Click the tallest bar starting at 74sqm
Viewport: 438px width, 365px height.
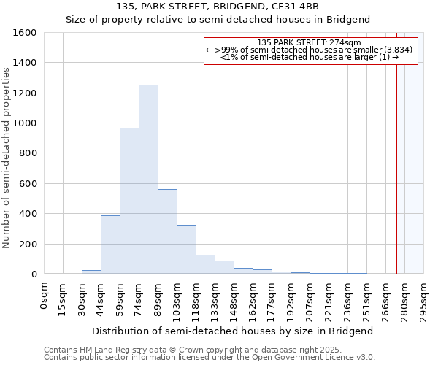(x=148, y=180)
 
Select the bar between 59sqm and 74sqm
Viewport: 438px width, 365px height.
(x=129, y=201)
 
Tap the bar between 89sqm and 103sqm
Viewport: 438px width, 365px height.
(x=167, y=231)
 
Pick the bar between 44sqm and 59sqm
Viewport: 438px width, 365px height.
(x=110, y=245)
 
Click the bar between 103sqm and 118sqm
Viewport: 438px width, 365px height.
(x=186, y=250)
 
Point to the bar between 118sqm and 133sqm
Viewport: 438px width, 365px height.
(x=205, y=264)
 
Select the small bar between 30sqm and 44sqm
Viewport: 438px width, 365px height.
(x=91, y=272)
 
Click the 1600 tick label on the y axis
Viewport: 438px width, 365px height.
(x=25, y=33)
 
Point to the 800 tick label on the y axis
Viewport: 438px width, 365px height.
(x=28, y=153)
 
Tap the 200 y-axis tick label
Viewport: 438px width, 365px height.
(x=28, y=244)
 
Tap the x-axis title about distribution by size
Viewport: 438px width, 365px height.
(x=234, y=331)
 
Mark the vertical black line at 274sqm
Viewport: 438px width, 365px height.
(x=396, y=182)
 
